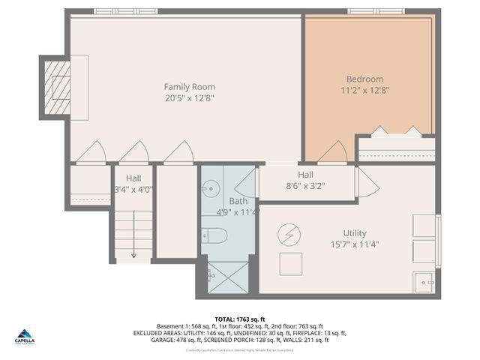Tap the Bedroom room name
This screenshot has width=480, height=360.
364,79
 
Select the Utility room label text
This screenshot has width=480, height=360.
355,233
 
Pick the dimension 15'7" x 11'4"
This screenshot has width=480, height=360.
355,244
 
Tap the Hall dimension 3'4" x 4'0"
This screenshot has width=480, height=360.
133,190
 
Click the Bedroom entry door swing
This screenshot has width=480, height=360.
333,153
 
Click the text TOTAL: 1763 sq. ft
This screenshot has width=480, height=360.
240,319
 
